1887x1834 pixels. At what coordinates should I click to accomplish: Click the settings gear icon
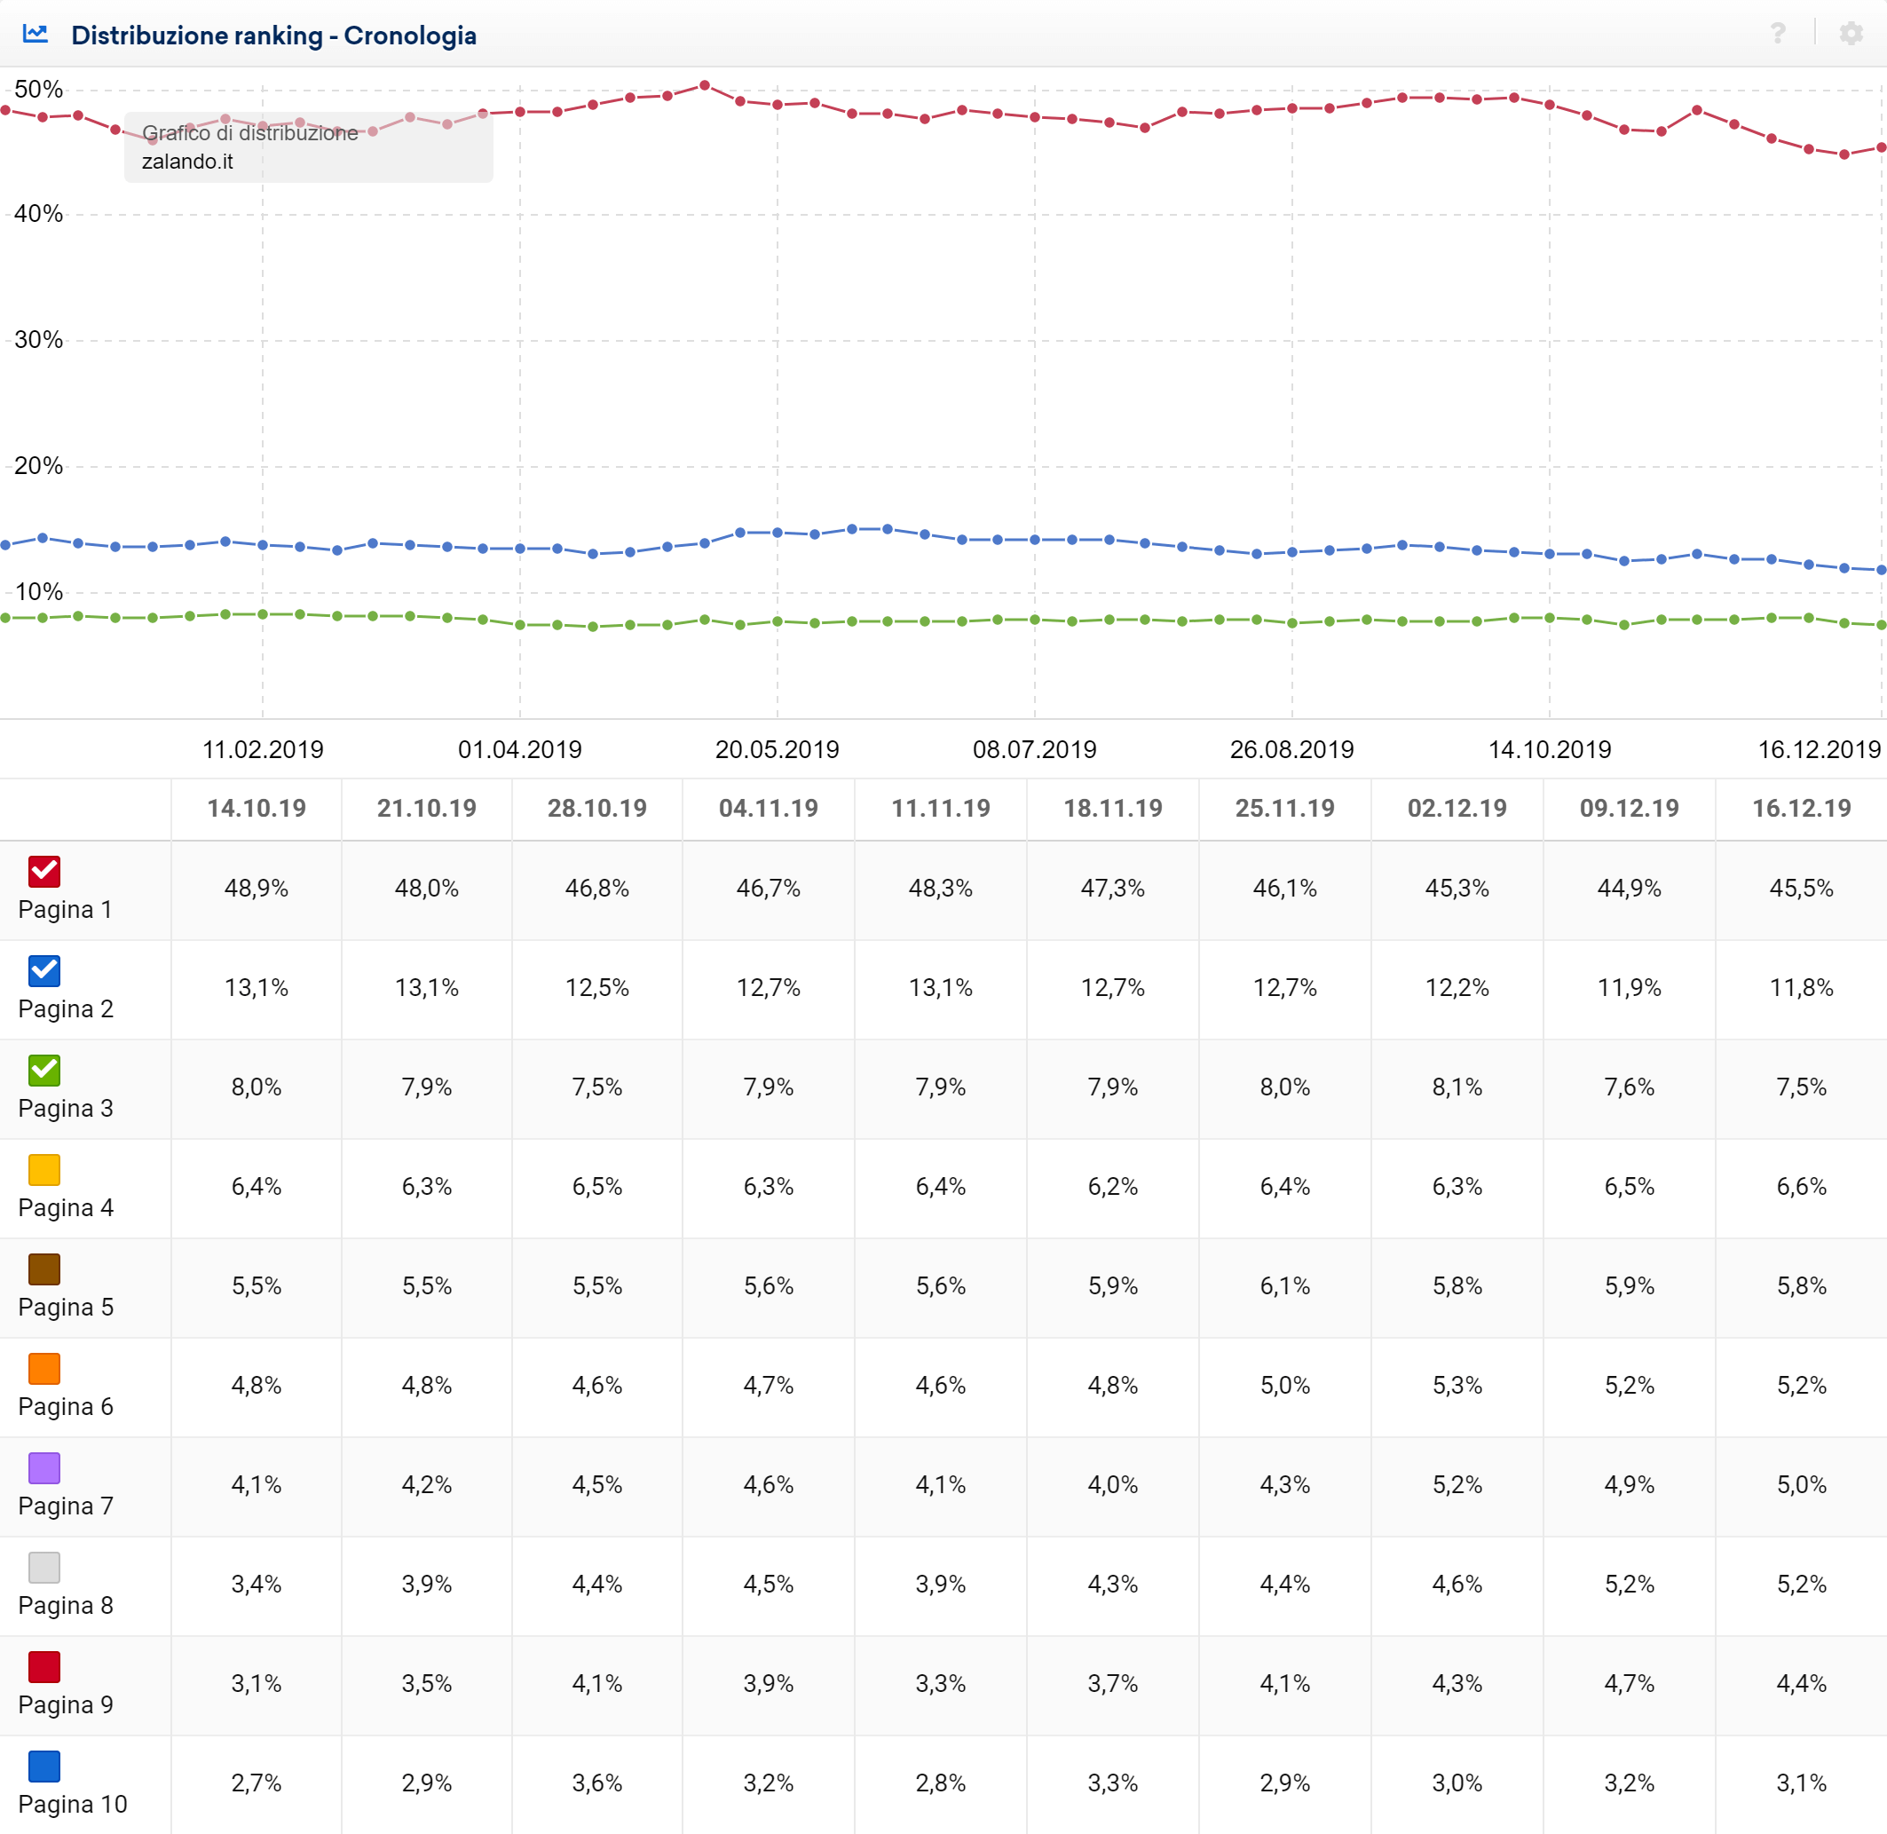tap(1851, 34)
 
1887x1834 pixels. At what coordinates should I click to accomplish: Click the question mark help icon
tap(1777, 34)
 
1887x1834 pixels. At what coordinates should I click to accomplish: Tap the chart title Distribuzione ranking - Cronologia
tap(273, 36)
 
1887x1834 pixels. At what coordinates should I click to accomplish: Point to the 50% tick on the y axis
tap(38, 90)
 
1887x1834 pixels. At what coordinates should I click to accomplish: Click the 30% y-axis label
tap(38, 340)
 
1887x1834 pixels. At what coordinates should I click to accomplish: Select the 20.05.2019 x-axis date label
tap(777, 749)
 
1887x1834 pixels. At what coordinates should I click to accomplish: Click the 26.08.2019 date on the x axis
tap(1291, 749)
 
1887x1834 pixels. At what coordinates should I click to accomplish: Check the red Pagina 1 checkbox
tap(44, 871)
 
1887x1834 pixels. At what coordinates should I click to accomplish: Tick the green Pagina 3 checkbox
tap(44, 1069)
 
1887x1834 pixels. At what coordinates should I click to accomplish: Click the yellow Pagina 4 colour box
tap(44, 1169)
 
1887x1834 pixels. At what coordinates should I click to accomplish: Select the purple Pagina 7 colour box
tap(44, 1468)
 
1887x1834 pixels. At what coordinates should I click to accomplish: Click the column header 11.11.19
tap(940, 808)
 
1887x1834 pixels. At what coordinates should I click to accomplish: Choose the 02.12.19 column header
tap(1457, 808)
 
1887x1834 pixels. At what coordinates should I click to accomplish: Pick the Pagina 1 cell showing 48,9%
tap(257, 888)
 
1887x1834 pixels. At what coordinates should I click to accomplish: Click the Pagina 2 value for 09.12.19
tap(1629, 987)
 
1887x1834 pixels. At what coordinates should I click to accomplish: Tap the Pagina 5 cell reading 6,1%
tap(1284, 1286)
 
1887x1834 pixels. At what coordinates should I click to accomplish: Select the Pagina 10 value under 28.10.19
tap(597, 1783)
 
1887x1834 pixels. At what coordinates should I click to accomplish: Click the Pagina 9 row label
tap(66, 1704)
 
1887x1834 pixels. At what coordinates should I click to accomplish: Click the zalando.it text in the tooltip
tap(188, 162)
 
